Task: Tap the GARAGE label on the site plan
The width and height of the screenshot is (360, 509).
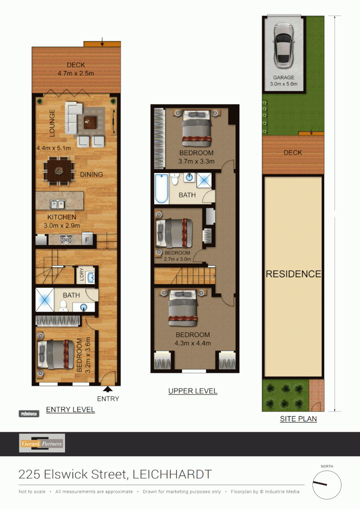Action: [x=283, y=78]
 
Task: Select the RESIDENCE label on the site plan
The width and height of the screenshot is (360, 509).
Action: [x=293, y=274]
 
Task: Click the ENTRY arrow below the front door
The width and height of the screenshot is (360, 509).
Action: [x=108, y=389]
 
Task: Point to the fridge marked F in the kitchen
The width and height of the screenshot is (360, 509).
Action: [x=87, y=240]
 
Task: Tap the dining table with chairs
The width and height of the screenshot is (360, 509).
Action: [x=59, y=170]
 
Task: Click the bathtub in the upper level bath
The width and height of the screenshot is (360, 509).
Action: [x=161, y=189]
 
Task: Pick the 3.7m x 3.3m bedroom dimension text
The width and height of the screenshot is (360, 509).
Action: [x=196, y=161]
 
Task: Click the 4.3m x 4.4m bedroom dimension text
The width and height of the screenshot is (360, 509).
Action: [x=193, y=343]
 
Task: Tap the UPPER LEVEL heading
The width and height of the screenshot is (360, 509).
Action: [x=193, y=391]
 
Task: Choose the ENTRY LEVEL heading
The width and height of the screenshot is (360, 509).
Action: [x=70, y=410]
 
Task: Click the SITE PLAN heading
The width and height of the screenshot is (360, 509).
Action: [x=298, y=419]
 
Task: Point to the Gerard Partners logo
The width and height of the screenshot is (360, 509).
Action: [x=42, y=443]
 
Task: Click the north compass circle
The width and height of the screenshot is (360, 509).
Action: [x=327, y=485]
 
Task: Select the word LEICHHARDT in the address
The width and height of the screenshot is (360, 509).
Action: [x=172, y=475]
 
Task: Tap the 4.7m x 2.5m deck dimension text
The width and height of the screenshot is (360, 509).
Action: [x=76, y=73]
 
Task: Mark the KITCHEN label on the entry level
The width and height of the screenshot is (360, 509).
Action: [x=62, y=217]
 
